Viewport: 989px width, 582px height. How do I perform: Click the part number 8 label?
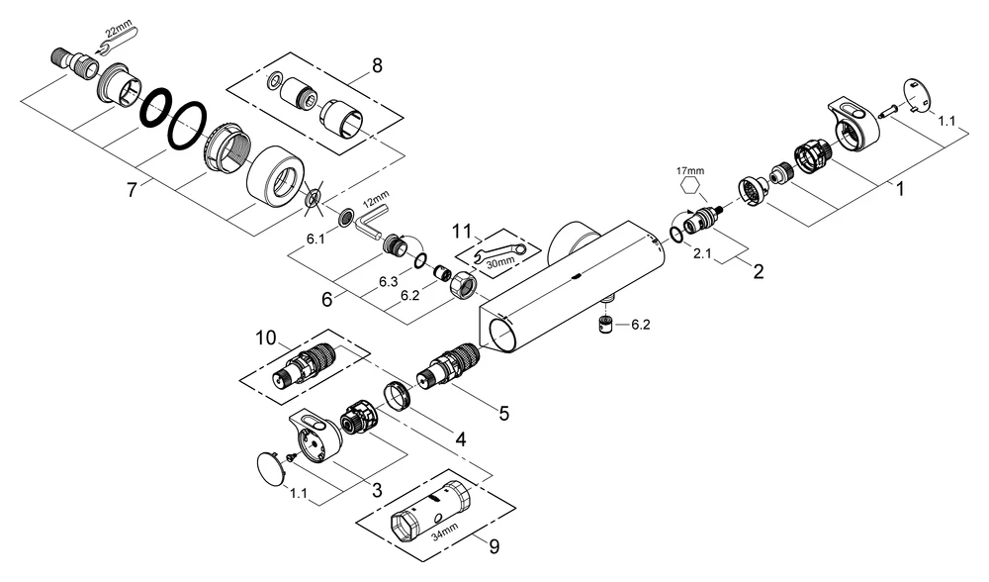[x=376, y=67]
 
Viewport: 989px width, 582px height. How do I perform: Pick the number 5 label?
[x=503, y=413]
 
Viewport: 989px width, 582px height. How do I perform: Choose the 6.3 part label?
[x=389, y=283]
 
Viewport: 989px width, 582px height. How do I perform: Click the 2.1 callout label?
[x=702, y=254]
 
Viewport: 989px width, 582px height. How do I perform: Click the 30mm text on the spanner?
[x=501, y=262]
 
